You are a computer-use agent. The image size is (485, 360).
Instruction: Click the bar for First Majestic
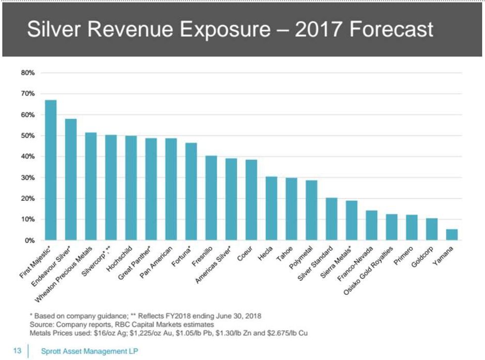coord(50,170)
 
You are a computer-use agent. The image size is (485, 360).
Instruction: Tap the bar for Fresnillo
coord(211,198)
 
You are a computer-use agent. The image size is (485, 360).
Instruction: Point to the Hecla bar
coord(271,208)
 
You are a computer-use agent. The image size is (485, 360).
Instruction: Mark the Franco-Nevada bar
coord(372,225)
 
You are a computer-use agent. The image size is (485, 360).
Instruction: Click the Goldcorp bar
coord(432,229)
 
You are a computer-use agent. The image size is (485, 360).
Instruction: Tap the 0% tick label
coord(29,240)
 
